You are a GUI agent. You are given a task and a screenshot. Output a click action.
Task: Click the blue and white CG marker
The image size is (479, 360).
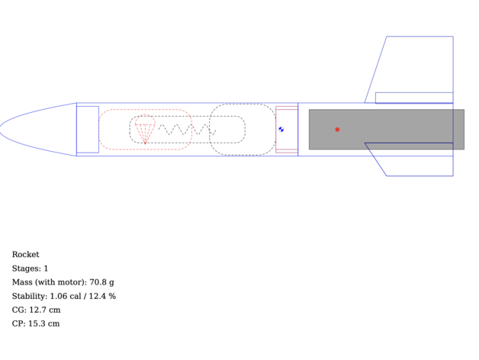281,129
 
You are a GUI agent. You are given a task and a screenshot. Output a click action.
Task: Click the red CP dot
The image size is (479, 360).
337,129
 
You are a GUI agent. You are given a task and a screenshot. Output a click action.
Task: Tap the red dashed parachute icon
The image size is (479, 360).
145,129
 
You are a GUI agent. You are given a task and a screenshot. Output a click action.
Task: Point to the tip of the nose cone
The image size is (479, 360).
0,129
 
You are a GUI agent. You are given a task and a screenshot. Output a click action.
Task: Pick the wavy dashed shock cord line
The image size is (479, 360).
187,129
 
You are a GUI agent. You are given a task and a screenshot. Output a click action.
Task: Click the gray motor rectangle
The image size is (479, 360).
387,129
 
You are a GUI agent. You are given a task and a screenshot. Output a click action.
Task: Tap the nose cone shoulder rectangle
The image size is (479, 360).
88,129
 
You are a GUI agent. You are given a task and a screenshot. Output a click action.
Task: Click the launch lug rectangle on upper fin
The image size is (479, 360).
414,98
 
